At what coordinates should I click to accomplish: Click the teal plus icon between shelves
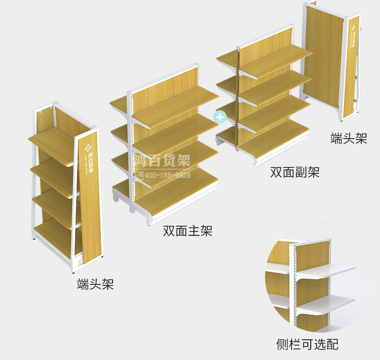click(x=220, y=116)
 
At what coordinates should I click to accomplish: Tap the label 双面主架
click(x=187, y=231)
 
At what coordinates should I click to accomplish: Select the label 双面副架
click(x=294, y=172)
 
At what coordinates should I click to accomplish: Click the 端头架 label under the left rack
click(x=95, y=284)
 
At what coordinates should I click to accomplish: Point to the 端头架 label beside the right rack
click(x=349, y=138)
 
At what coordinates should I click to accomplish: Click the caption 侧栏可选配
click(x=307, y=344)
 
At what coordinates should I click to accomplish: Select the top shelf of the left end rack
click(x=53, y=140)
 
